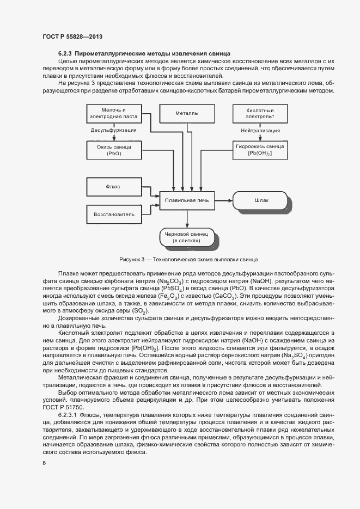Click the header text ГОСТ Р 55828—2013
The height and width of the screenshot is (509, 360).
click(72, 36)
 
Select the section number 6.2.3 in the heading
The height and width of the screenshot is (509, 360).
click(65, 53)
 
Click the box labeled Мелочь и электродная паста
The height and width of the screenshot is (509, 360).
click(114, 114)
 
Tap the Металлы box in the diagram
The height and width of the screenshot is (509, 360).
click(186, 114)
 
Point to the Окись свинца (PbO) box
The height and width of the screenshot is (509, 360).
click(114, 150)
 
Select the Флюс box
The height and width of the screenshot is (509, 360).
click(114, 187)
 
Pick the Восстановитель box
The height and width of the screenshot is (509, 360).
click(114, 214)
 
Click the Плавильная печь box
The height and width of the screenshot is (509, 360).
click(186, 200)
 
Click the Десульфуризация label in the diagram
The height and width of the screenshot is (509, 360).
click(114, 131)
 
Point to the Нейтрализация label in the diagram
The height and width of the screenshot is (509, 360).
click(260, 131)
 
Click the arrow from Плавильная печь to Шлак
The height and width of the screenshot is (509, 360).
click(223, 200)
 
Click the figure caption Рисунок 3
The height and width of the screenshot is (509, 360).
click(188, 260)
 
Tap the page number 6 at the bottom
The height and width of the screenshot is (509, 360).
click(45, 463)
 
